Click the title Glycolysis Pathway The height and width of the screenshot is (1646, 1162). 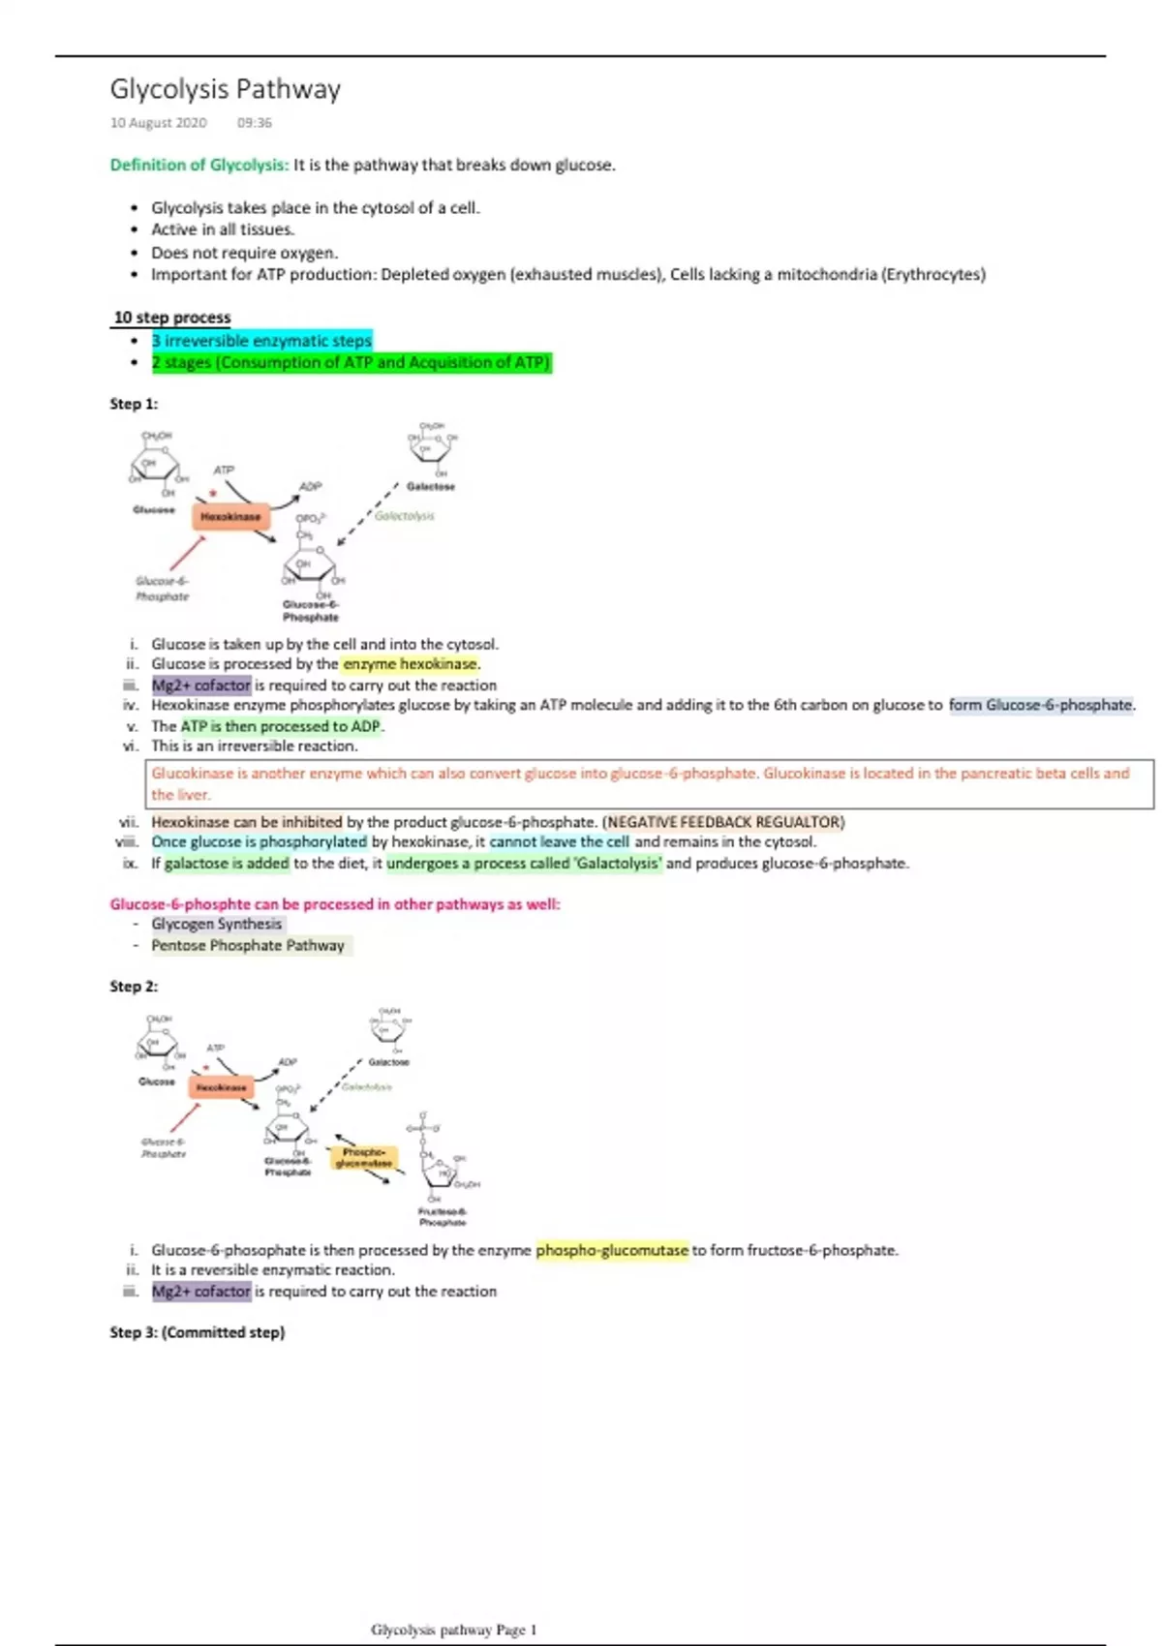(x=225, y=89)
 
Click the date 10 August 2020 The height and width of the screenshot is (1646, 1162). (x=158, y=123)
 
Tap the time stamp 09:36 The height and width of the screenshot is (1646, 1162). (x=254, y=123)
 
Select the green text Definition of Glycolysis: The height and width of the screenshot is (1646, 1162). (x=199, y=165)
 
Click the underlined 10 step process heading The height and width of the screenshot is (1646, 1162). (x=172, y=318)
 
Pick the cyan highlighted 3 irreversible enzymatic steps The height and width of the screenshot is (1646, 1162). (x=261, y=341)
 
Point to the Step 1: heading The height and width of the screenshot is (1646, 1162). (x=134, y=404)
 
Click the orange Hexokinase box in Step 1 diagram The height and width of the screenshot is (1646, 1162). (x=230, y=517)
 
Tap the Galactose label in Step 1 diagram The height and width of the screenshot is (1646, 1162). (x=430, y=486)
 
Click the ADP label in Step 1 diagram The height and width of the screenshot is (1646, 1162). (x=310, y=486)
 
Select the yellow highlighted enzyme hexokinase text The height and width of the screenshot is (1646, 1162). (x=411, y=664)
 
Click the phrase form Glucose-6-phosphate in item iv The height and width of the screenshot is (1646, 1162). (x=1040, y=705)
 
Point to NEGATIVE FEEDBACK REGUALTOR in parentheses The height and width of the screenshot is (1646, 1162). (x=723, y=822)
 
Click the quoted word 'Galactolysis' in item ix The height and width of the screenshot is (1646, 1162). (x=619, y=863)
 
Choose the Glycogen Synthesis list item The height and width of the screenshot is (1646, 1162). (x=216, y=924)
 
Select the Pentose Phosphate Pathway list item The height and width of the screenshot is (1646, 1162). (x=247, y=945)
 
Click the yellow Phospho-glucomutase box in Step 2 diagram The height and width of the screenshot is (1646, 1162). (x=364, y=1157)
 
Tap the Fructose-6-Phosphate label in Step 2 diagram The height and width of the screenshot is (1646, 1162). (x=442, y=1216)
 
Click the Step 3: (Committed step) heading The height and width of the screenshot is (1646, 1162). (x=198, y=1332)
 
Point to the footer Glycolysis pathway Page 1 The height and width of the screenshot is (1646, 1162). (x=453, y=1630)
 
